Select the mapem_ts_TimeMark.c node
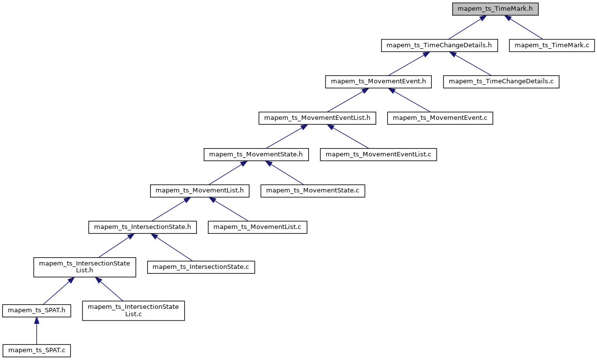coord(552,45)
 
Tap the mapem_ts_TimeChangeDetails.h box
coord(439,45)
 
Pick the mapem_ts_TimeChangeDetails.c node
coord(501,81)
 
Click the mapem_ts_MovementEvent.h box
coord(379,81)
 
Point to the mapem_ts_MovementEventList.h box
coord(317,118)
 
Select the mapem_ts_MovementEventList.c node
coord(378,154)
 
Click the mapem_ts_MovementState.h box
coord(256,154)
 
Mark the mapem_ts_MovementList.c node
coord(257,227)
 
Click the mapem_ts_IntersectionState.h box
coord(142,227)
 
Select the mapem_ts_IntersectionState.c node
coord(201,267)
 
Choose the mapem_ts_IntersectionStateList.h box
coord(84,267)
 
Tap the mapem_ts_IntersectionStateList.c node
coord(134,310)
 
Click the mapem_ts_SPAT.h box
coord(37,310)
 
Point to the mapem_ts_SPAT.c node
coord(37,350)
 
